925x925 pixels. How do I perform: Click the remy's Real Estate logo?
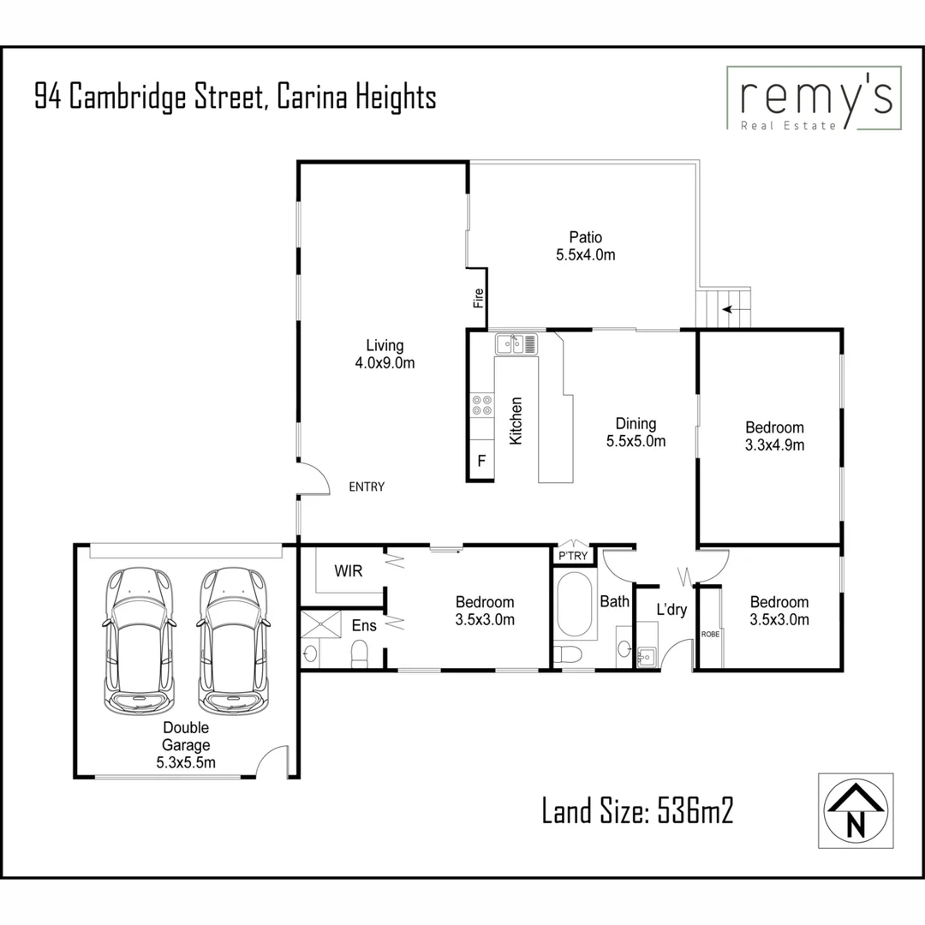pyautogui.click(x=814, y=98)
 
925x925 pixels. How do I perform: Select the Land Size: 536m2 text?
pyautogui.click(x=637, y=809)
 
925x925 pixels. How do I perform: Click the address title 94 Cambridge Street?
pyautogui.click(x=236, y=97)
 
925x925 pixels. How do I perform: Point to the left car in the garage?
pyautogui.click(x=140, y=640)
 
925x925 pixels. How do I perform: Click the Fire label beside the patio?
pyautogui.click(x=479, y=298)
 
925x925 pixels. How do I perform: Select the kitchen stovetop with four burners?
pyautogui.click(x=481, y=405)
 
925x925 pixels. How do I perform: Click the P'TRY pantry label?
pyautogui.click(x=573, y=556)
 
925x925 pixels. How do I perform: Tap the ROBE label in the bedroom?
pyautogui.click(x=710, y=634)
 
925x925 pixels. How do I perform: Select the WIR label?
pyautogui.click(x=348, y=570)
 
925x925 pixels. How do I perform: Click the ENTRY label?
pyautogui.click(x=367, y=486)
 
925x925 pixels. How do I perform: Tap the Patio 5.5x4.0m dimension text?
pyautogui.click(x=586, y=246)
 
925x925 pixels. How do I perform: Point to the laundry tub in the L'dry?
pyautogui.click(x=647, y=657)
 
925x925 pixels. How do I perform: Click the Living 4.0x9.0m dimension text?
pyautogui.click(x=385, y=354)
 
